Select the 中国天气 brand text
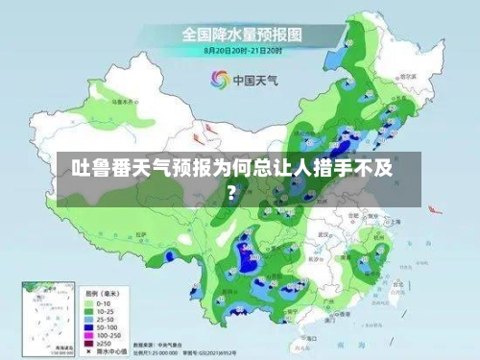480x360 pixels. coord(254,80)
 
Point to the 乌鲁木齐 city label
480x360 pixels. coord(121,100)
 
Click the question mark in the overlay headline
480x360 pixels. coord(231,188)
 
